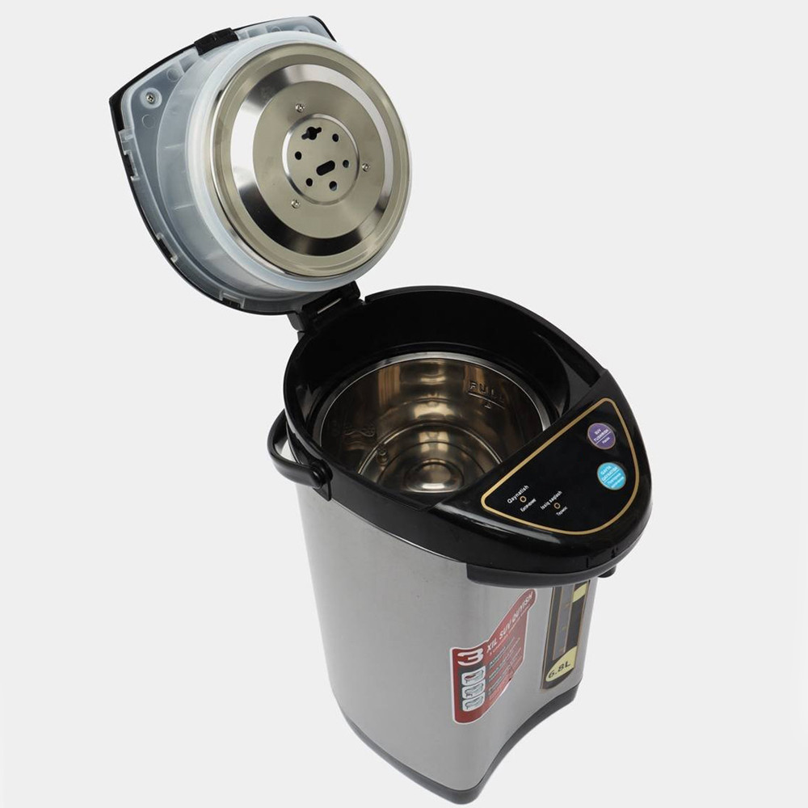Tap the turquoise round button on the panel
click(x=612, y=475)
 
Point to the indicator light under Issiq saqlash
click(x=557, y=505)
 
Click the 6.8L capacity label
click(x=560, y=670)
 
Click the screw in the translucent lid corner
click(x=149, y=99)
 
